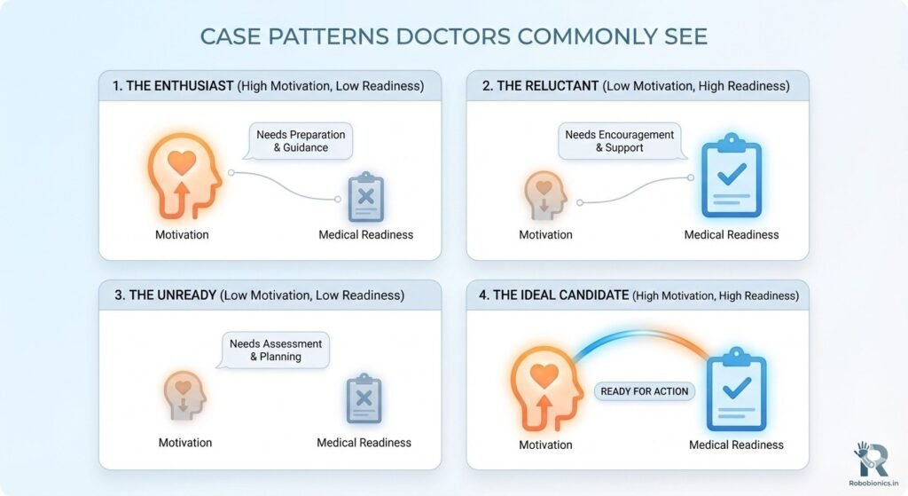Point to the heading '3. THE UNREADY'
click(x=167, y=295)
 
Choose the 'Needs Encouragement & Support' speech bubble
click(x=620, y=140)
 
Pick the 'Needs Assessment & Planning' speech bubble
click(x=276, y=350)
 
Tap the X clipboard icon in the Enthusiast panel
click(x=365, y=197)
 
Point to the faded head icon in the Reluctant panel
click(x=545, y=195)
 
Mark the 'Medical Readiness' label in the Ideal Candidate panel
click(x=736, y=445)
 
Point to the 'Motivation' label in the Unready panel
click(x=185, y=443)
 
